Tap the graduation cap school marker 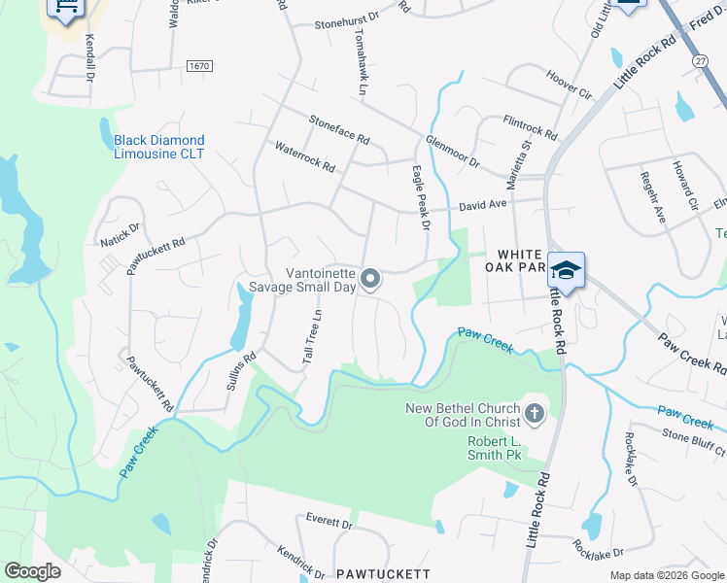click(x=566, y=270)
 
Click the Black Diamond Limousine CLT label click(x=159, y=147)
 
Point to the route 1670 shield click(x=200, y=65)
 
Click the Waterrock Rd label click(x=304, y=157)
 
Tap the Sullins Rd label click(x=240, y=370)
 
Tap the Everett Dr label click(x=329, y=521)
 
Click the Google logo click(x=33, y=571)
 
